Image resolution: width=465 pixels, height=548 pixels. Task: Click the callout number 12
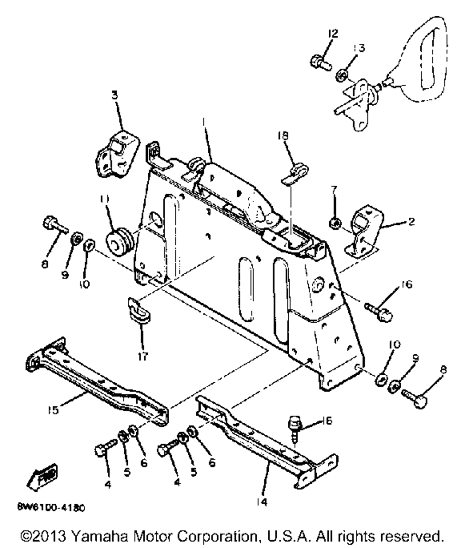pos(332,34)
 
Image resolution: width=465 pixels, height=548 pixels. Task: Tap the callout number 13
pos(360,48)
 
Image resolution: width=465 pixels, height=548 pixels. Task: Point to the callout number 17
pos(142,357)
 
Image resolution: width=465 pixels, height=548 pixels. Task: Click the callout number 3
pos(114,95)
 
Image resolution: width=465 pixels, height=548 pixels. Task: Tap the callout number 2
pos(411,221)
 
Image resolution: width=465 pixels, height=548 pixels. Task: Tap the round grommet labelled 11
pos(122,242)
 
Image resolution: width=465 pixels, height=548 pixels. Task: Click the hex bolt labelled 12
pos(320,62)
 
